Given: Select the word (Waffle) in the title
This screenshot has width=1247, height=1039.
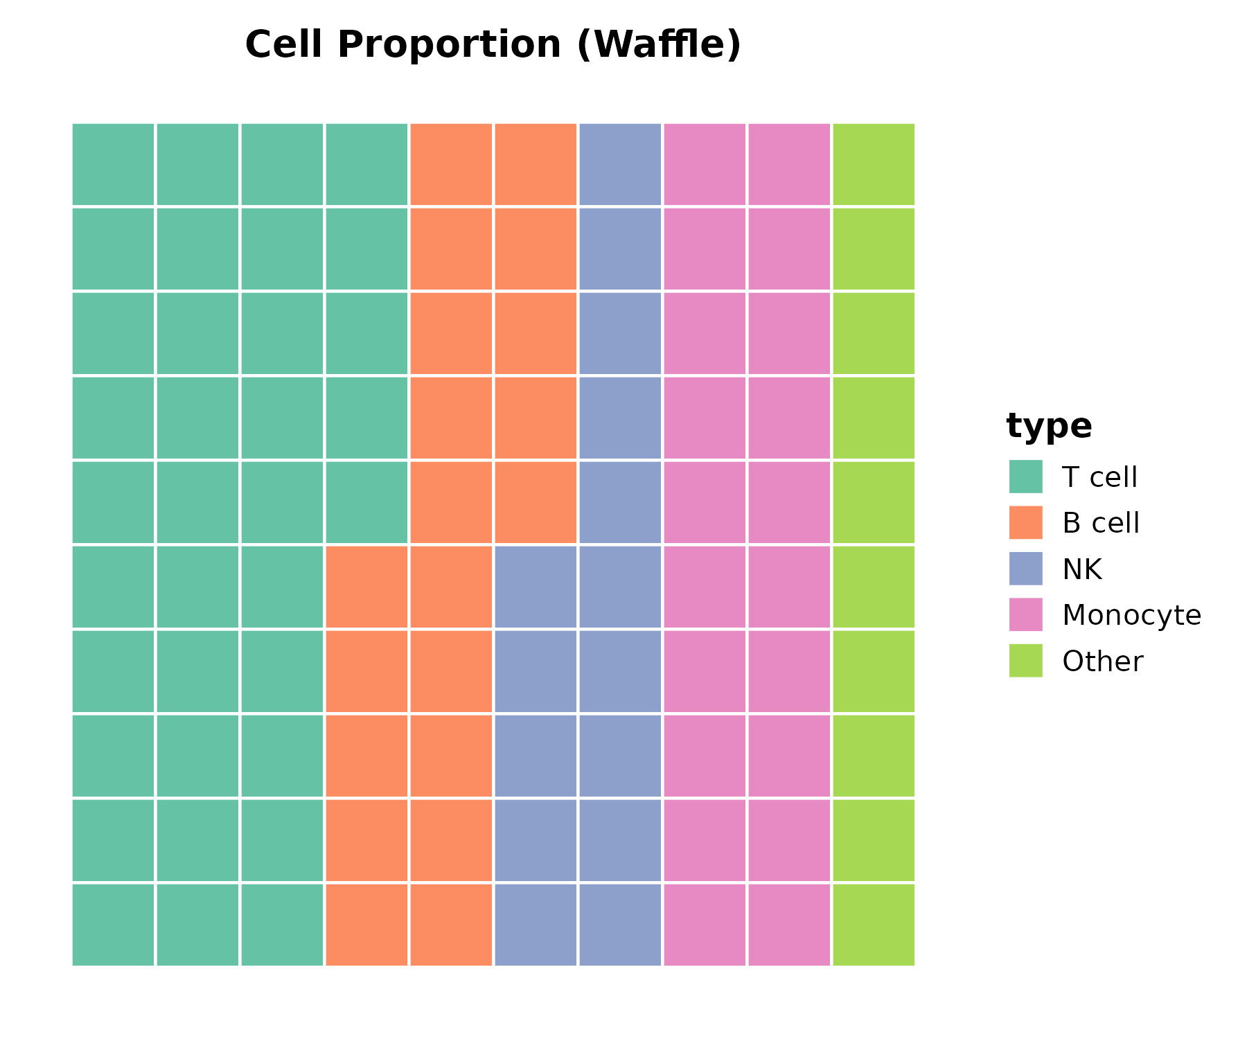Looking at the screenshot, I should pyautogui.click(x=659, y=45).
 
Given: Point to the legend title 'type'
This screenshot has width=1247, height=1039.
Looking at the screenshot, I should pyautogui.click(x=1049, y=425).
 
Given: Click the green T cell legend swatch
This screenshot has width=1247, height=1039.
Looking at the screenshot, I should pyautogui.click(x=1025, y=477).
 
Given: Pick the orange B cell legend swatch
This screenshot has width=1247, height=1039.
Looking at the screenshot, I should pyautogui.click(x=1025, y=522).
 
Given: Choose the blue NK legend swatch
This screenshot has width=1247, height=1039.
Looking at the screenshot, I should pyautogui.click(x=1025, y=569).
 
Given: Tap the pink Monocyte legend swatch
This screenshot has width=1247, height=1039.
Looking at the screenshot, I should pyautogui.click(x=1025, y=614).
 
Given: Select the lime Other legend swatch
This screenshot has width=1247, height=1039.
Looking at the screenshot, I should pyautogui.click(x=1025, y=661).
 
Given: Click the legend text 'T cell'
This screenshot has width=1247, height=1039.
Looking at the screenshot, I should pyautogui.click(x=1099, y=477).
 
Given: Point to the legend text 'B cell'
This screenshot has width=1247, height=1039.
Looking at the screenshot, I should pyautogui.click(x=1101, y=523).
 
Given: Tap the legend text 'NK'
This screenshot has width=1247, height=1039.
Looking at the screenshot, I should pyautogui.click(x=1081, y=569).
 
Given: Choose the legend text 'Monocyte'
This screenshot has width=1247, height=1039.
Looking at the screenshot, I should pyautogui.click(x=1131, y=615).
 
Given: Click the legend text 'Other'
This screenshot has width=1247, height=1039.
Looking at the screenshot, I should pyautogui.click(x=1102, y=661).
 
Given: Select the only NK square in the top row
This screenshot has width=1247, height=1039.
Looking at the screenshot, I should pyautogui.click(x=620, y=164).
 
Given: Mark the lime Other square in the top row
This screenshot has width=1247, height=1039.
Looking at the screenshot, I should pyautogui.click(x=874, y=164).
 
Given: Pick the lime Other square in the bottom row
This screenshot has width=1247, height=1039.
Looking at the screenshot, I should pyautogui.click(x=874, y=925).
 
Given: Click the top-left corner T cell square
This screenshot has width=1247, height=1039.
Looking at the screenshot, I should pyautogui.click(x=113, y=164).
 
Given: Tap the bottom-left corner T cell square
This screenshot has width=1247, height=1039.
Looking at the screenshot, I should pyautogui.click(x=113, y=925).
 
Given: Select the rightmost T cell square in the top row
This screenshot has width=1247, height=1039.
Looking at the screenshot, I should pyautogui.click(x=366, y=164).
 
